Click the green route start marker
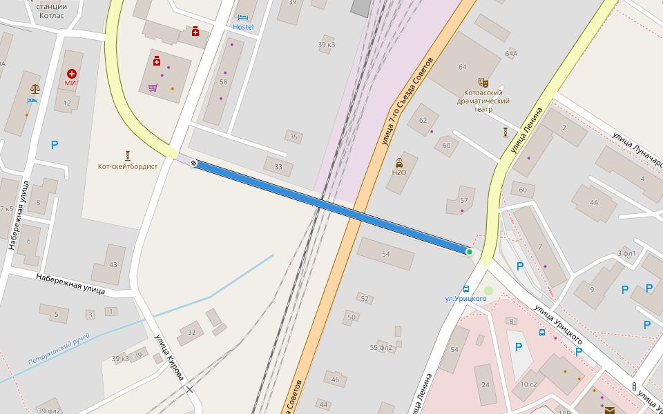(470, 252)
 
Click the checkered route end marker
(194, 164)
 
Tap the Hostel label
(243, 27)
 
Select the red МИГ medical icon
(72, 73)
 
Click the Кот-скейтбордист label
(128, 166)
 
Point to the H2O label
(399, 172)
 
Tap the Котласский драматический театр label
(483, 101)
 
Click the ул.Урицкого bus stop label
(465, 298)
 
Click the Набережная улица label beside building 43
(70, 283)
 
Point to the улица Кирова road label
(169, 357)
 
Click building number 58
(223, 81)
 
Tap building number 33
(278, 166)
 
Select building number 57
(464, 200)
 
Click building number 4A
(594, 203)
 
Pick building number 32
(192, 332)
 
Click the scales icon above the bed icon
(35, 89)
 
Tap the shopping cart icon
(153, 88)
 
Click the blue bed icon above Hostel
(242, 17)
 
